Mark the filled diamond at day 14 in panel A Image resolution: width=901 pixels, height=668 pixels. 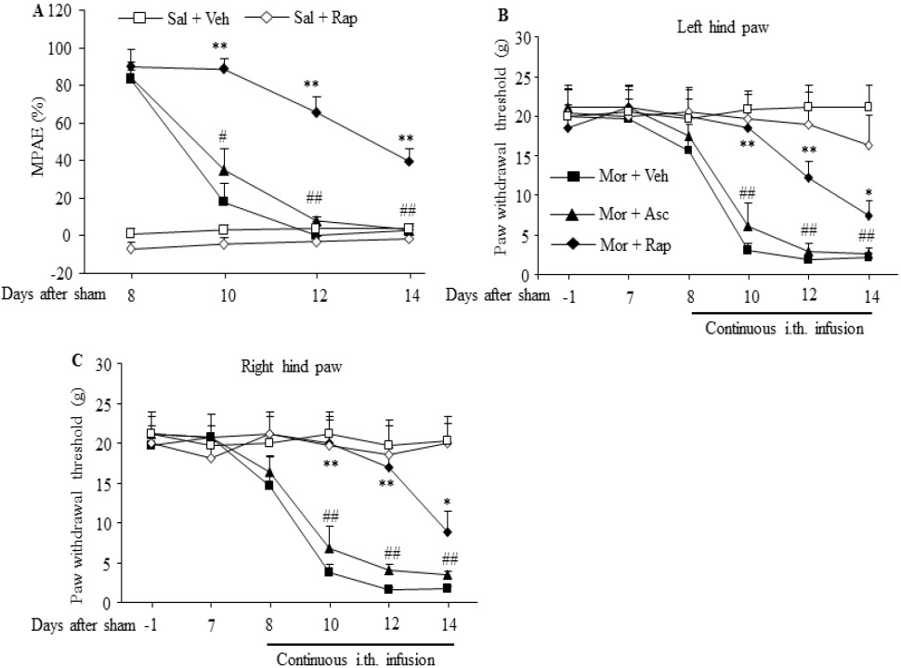click(409, 161)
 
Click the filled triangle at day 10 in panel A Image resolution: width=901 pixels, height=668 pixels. click(223, 170)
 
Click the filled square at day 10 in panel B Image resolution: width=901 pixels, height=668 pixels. click(747, 250)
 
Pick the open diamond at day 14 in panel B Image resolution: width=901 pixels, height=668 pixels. click(868, 145)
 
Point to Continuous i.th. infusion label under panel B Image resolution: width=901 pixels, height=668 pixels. click(785, 327)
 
